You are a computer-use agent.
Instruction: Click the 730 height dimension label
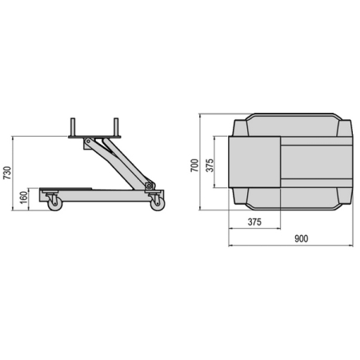[x=7, y=173]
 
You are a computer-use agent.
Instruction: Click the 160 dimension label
[x=24, y=198]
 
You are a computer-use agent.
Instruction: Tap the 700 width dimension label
[x=194, y=166]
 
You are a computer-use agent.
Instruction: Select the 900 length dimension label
[x=302, y=238]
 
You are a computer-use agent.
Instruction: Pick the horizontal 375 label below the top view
[x=254, y=222]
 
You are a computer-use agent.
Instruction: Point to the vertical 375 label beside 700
[x=210, y=166]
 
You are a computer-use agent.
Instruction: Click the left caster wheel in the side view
[x=55, y=204]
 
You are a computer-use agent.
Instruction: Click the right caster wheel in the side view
[x=158, y=204]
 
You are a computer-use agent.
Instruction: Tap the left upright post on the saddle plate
[x=73, y=127]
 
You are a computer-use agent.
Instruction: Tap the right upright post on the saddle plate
[x=116, y=127]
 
